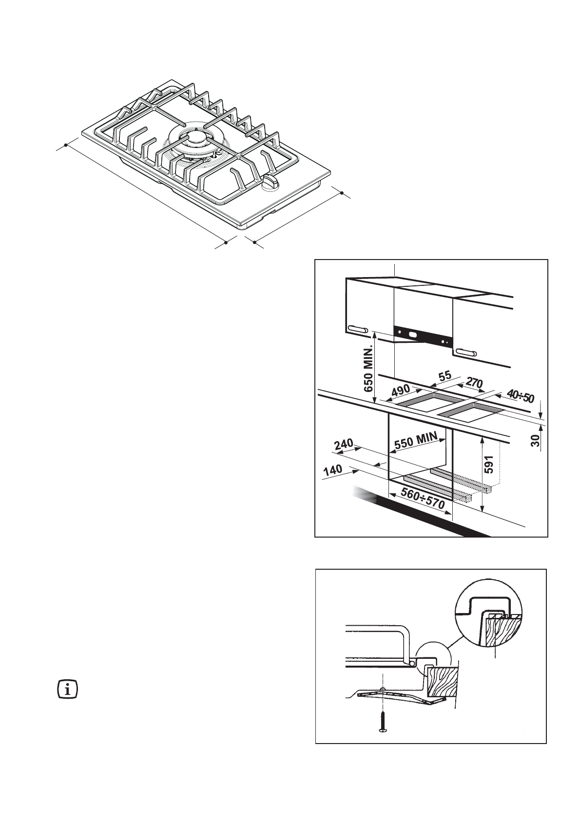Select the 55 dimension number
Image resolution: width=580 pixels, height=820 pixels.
point(444,377)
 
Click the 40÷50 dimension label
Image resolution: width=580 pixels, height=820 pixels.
point(520,397)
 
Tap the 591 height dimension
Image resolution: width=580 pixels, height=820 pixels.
point(489,464)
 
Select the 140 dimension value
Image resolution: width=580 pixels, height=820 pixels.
point(333,472)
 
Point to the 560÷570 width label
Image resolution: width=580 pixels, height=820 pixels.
point(422,499)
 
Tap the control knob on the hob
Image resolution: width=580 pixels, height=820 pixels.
point(271,183)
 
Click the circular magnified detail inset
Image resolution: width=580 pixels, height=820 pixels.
point(487,612)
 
